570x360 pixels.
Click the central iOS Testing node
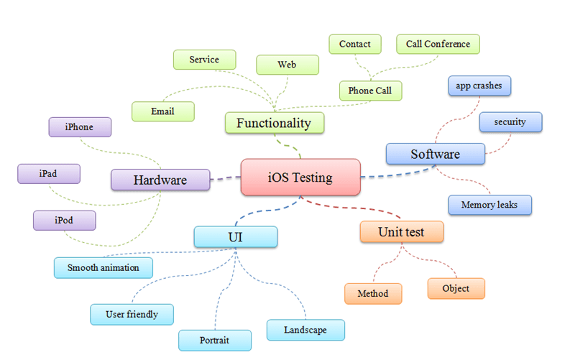(300, 177)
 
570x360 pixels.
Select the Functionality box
(274, 123)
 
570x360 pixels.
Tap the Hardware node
(160, 180)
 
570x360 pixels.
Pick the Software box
(435, 154)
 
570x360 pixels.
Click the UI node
(235, 236)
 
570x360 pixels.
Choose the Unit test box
(401, 232)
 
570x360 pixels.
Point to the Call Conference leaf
(438, 44)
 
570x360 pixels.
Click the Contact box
(355, 44)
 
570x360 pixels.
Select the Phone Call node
(370, 91)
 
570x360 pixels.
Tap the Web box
(287, 65)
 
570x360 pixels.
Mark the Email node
(162, 111)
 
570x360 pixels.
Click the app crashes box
(479, 86)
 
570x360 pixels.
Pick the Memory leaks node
(489, 205)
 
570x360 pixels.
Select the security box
(510, 122)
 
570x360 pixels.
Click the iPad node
(48, 173)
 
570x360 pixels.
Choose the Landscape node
(305, 330)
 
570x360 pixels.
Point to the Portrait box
(215, 340)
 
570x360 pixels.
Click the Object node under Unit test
(456, 288)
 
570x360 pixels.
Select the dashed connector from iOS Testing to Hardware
(226, 177)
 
